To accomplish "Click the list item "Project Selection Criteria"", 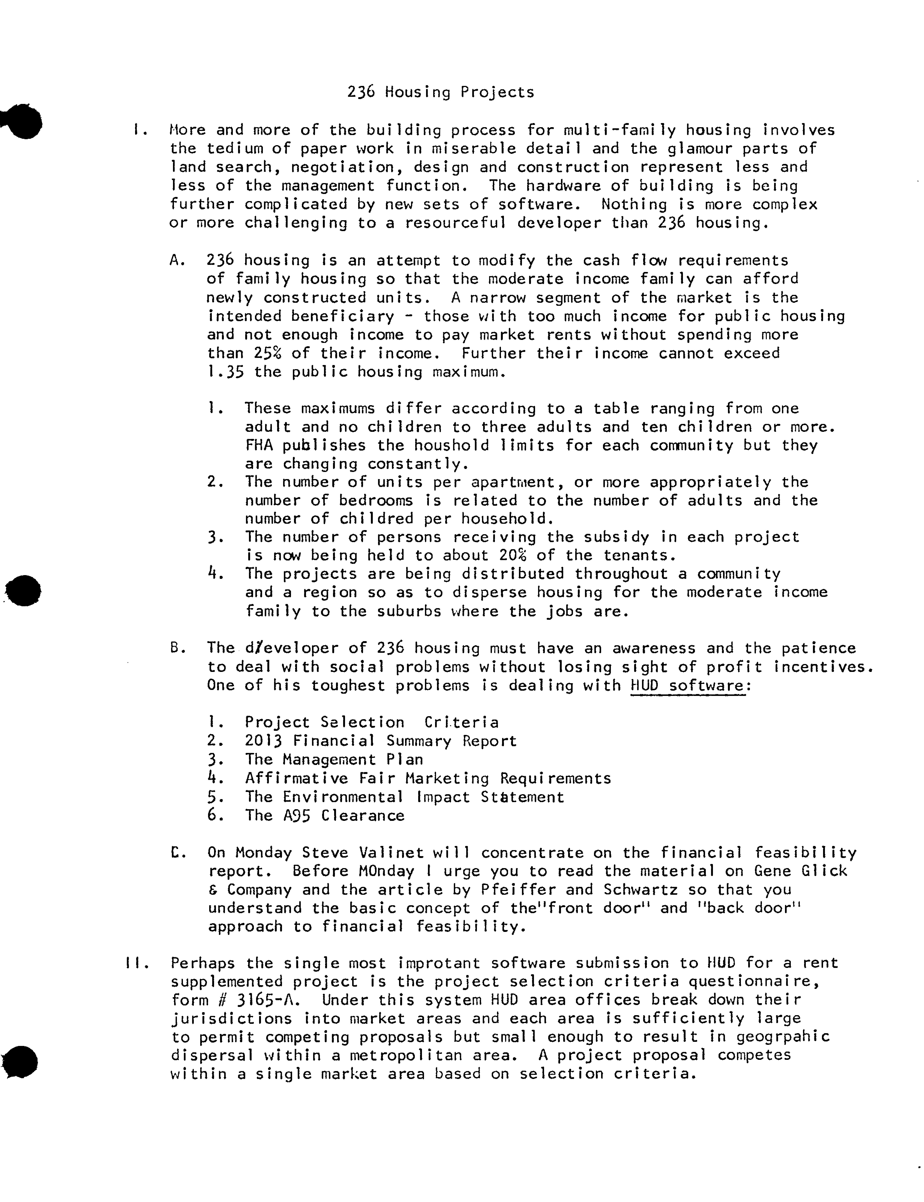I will (372, 723).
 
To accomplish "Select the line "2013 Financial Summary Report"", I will (381, 741).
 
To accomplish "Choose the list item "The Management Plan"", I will (334, 760).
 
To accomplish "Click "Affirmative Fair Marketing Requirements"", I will (428, 779).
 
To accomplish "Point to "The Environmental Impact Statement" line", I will (404, 797).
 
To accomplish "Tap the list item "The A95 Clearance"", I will (325, 815).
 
